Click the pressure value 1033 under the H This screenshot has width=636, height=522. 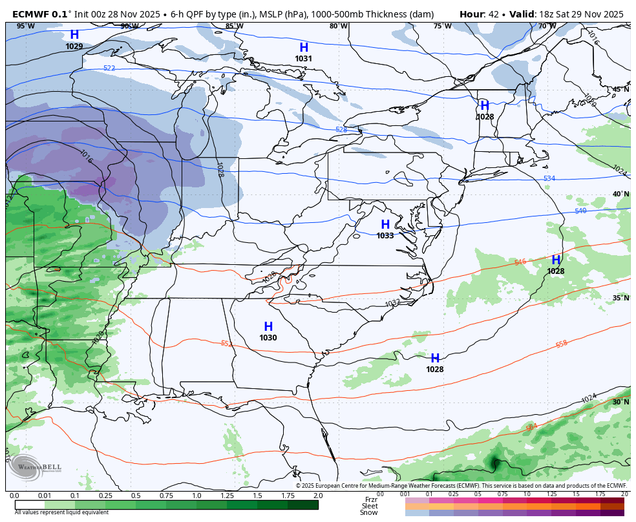pos(385,236)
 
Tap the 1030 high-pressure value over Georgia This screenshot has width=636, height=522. pos(268,338)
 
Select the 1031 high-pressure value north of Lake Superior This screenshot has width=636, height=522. pos(304,59)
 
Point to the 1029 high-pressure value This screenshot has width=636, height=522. pos(74,47)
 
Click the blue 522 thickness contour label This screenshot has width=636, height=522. pos(109,68)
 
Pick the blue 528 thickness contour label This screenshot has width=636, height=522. pos(341,130)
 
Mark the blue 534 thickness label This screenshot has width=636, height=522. pos(549,178)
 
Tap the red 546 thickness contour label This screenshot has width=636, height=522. pos(520,262)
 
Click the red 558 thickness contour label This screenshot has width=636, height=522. pos(561,344)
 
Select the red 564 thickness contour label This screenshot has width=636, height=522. pos(531,427)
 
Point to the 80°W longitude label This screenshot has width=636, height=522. pos(338,26)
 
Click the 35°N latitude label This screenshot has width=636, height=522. pos(620,298)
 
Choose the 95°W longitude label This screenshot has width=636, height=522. pos(25,26)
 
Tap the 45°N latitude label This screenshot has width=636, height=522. pos(620,90)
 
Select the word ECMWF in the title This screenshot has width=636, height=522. pos(30,14)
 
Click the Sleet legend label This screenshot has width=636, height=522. pos(369,506)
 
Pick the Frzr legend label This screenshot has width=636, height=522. pos(370,499)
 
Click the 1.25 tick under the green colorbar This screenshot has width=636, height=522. pos(227,496)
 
